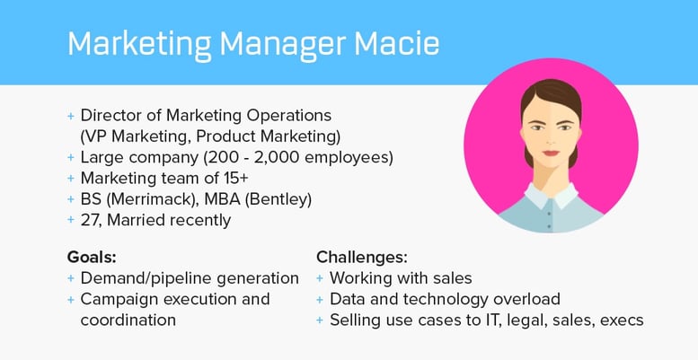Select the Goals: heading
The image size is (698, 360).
click(91, 255)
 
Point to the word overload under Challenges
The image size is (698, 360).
click(528, 298)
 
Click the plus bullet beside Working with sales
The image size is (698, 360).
click(322, 278)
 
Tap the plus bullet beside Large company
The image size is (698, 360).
click(71, 158)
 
